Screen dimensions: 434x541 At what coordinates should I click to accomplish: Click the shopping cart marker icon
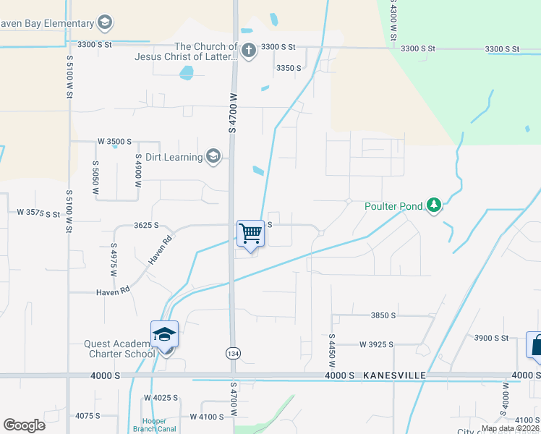click(x=250, y=234)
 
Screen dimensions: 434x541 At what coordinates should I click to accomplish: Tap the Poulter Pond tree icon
click(x=433, y=206)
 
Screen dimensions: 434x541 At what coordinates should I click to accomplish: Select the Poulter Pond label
click(x=393, y=206)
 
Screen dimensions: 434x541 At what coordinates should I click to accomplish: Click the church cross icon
click(x=249, y=51)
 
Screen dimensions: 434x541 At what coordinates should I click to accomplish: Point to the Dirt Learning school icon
click(x=213, y=156)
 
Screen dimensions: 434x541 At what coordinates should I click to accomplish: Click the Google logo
click(x=25, y=425)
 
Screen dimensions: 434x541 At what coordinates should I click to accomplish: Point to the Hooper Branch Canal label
click(x=154, y=425)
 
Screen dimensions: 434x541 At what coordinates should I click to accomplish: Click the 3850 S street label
click(x=383, y=315)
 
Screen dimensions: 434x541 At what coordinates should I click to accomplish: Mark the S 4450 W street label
click(x=332, y=351)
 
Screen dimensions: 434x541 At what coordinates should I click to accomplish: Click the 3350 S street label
click(x=289, y=68)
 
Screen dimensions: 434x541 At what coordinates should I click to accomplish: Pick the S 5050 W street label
click(x=95, y=178)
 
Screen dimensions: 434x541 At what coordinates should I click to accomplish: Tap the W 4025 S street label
click(x=161, y=398)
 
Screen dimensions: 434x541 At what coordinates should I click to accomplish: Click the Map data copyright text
click(x=510, y=428)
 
